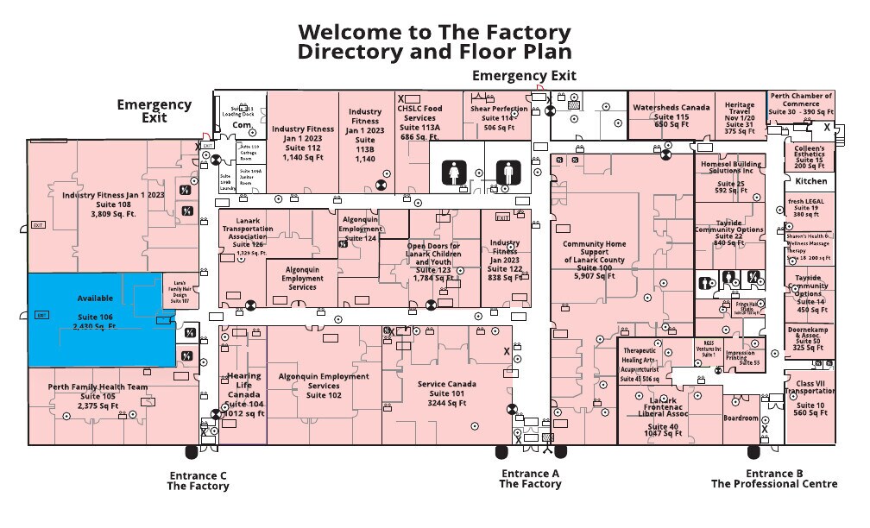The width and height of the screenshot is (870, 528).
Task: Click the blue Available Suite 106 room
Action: click(x=95, y=319)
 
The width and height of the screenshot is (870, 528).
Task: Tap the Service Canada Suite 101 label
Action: click(x=447, y=393)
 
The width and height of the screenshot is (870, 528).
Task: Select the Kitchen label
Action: click(x=810, y=182)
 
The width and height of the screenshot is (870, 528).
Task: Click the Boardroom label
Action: click(x=741, y=418)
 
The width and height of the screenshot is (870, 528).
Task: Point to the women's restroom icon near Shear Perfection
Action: click(x=455, y=173)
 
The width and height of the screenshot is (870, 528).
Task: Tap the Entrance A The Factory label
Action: click(x=530, y=479)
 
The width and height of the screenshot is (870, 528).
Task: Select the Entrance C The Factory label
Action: click(x=199, y=481)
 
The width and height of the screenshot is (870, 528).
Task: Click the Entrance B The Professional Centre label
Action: click(x=774, y=479)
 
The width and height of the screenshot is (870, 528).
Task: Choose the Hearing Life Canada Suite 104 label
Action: click(x=244, y=394)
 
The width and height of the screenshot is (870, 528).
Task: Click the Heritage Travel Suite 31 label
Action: click(x=740, y=118)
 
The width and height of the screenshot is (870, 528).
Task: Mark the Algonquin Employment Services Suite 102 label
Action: click(x=323, y=386)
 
